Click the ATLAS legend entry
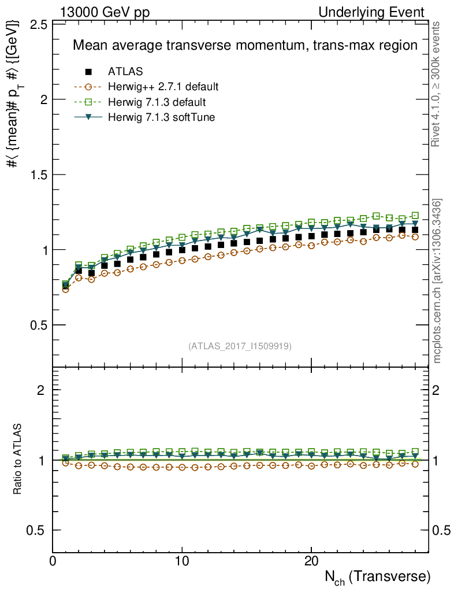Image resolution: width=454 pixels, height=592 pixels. pyautogui.click(x=125, y=72)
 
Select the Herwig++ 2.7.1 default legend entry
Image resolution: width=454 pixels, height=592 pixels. pyautogui.click(x=163, y=87)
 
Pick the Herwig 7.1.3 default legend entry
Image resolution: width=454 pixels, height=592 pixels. pyautogui.click(x=157, y=102)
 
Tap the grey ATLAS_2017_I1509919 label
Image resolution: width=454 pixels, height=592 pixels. pyautogui.click(x=240, y=346)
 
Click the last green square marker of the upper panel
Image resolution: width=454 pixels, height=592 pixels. pyautogui.click(x=415, y=215)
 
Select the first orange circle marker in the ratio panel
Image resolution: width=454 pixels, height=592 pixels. pyautogui.click(x=66, y=462)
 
